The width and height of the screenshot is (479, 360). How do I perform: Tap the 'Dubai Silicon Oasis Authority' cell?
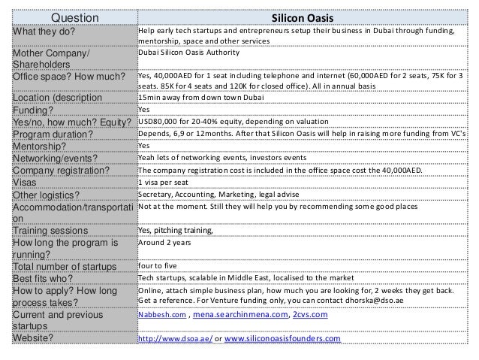[x=189, y=53]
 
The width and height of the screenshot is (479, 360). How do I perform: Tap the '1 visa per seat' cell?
[x=164, y=182]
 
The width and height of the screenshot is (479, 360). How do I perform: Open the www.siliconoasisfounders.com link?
[x=282, y=339]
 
